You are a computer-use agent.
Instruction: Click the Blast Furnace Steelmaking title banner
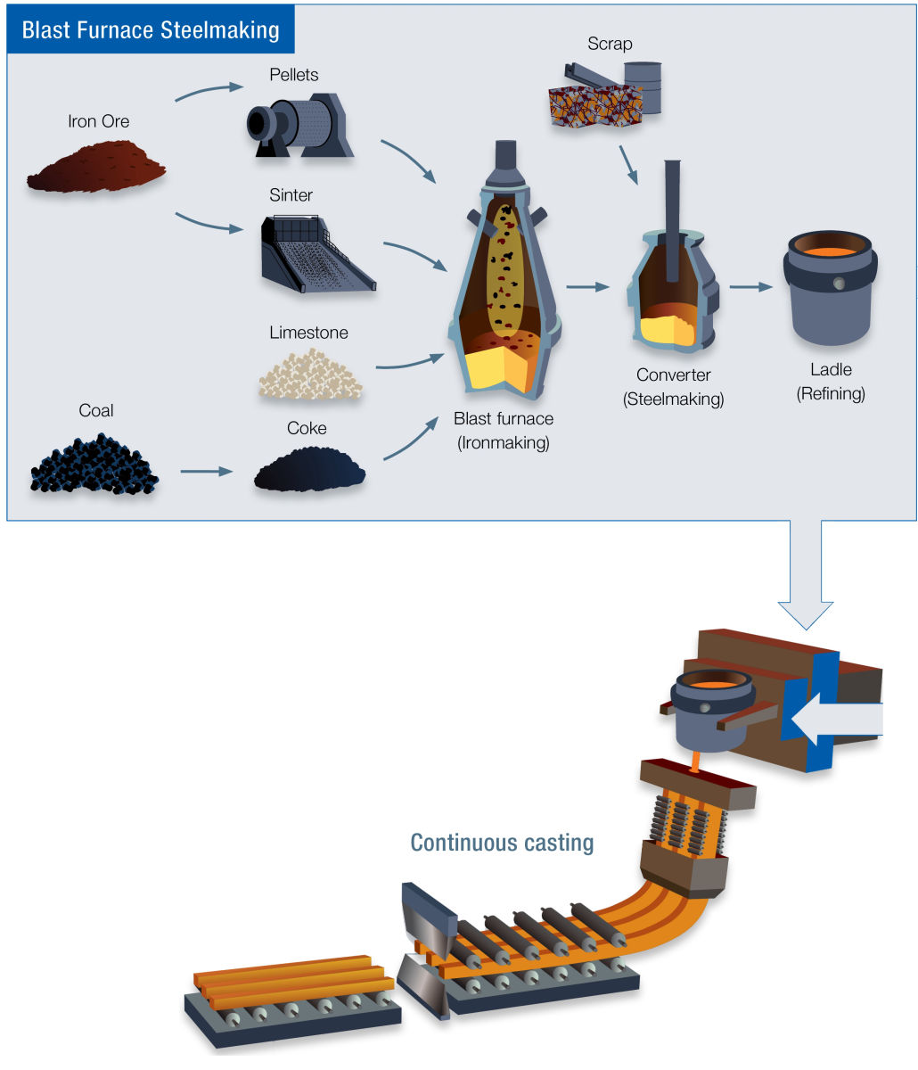pos(151,29)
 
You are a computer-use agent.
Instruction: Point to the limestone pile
pos(309,374)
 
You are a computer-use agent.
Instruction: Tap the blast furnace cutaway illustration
pos(504,285)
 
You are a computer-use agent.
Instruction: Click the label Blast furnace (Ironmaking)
pos(504,430)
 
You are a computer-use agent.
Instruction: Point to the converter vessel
pos(673,285)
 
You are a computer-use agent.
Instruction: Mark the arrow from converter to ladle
pos(750,287)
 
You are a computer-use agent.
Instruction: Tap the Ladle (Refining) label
pos(831,381)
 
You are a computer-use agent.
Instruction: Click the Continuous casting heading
pos(502,842)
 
